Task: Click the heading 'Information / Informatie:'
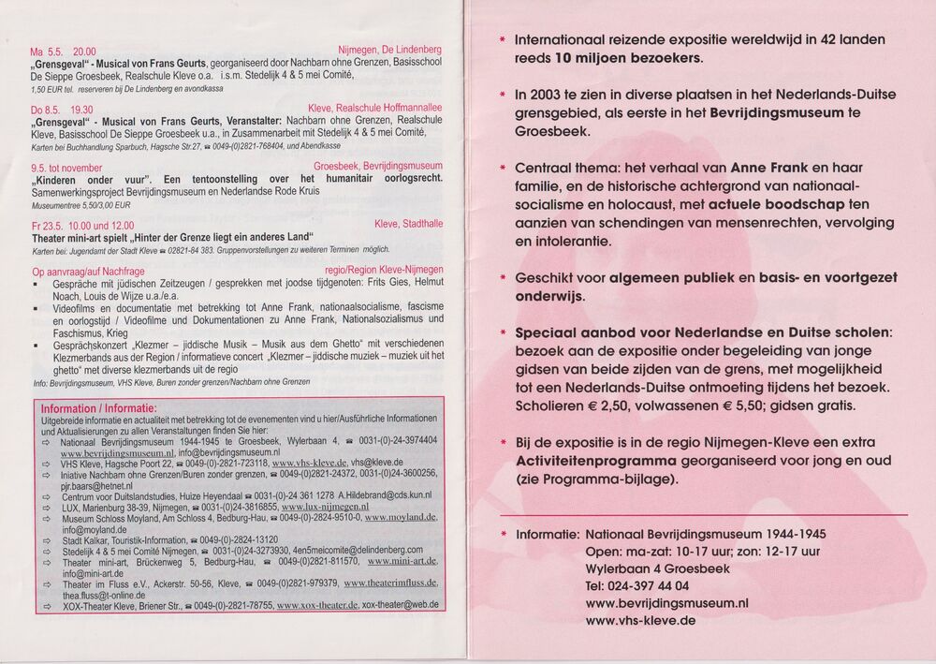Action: (x=98, y=408)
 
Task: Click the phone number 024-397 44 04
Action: (x=637, y=585)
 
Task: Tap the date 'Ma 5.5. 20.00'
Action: (x=63, y=51)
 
